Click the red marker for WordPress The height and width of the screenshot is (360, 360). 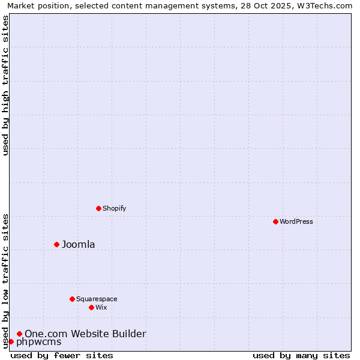coord(275,221)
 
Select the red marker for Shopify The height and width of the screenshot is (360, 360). coord(98,208)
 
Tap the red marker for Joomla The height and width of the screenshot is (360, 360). coord(56,244)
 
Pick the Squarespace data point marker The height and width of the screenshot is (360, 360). coord(72,299)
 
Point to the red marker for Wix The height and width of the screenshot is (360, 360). coord(91,307)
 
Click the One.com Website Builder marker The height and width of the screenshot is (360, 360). coord(19,334)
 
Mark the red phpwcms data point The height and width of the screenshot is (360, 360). coord(11,341)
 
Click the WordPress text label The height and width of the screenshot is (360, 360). coord(296,221)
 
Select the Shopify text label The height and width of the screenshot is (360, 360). coord(114,208)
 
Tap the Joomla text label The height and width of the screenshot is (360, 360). coord(79,244)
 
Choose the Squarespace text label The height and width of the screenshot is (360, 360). coord(97,299)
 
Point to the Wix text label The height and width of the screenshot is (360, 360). coord(101,307)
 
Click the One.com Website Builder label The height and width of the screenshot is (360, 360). coord(85,334)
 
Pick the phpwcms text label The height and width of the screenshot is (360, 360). coord(38,342)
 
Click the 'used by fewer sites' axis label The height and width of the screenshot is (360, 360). coord(62,355)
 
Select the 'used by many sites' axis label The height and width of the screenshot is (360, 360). coord(301,355)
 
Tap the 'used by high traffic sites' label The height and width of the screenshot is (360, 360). coord(5,85)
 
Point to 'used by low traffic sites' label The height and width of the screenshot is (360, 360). coord(5,281)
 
